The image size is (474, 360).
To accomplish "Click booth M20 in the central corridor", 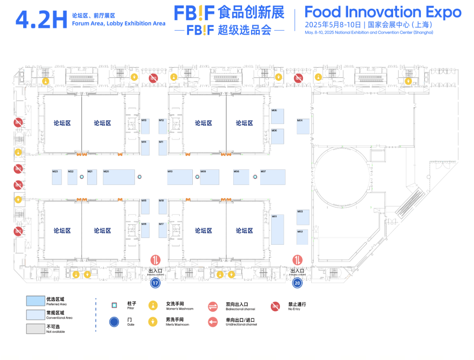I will click(x=119, y=177).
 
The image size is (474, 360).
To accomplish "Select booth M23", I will click(x=57, y=177).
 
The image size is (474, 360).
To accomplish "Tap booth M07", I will click(x=273, y=177).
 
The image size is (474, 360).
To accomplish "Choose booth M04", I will click(x=303, y=126).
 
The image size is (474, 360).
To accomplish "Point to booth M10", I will click(x=180, y=177).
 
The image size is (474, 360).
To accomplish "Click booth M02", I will click(x=303, y=237).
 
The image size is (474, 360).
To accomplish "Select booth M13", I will click(x=145, y=126).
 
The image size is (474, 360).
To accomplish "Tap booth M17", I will click(x=163, y=230).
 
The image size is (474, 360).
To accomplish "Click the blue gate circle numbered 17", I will click(x=155, y=283).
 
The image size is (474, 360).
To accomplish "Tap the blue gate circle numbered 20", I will click(x=297, y=283).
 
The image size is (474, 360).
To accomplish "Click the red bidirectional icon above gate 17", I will click(x=156, y=261).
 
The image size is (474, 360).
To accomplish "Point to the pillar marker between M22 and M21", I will click(x=82, y=177).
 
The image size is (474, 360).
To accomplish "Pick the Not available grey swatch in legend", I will click(x=35, y=328).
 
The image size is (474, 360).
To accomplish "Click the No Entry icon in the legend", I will click(x=275, y=306).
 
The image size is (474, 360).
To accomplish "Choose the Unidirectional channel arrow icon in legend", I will click(x=213, y=322).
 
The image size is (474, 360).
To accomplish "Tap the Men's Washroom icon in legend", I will click(x=153, y=322).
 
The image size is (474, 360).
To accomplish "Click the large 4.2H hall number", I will click(x=41, y=20).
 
